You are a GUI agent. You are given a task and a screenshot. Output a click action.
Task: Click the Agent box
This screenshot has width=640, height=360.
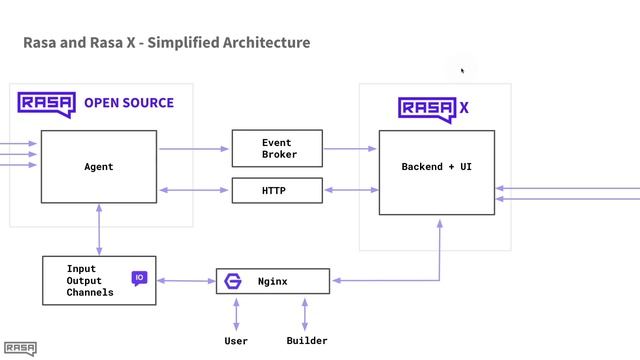(99, 167)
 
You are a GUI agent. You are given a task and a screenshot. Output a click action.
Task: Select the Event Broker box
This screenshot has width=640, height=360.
(277, 148)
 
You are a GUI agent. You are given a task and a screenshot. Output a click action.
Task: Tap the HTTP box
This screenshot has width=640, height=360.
(277, 190)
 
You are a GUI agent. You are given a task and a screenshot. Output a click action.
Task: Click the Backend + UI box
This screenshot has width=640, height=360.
(436, 172)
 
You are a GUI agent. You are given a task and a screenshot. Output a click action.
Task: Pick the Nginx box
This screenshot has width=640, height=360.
(273, 281)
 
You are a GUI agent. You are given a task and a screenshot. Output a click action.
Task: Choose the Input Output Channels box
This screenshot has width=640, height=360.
(98, 281)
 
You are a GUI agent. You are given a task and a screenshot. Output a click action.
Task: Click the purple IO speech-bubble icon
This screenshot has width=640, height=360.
(139, 278)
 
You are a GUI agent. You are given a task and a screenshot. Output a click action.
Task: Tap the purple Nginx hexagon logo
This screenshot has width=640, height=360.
(234, 281)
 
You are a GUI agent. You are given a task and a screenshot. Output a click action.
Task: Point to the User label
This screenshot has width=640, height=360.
(236, 341)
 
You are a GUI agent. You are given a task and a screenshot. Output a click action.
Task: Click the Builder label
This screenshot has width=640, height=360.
(306, 341)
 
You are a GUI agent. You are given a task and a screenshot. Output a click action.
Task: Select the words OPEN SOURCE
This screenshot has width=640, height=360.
(128, 103)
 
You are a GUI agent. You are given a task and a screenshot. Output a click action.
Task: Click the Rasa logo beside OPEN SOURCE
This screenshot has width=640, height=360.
(46, 103)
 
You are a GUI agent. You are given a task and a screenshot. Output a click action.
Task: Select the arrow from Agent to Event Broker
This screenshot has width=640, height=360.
(194, 149)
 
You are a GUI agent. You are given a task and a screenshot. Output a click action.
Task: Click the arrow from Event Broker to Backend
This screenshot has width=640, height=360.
(350, 149)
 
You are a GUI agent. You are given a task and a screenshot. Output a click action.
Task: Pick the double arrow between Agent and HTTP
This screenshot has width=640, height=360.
(194, 190)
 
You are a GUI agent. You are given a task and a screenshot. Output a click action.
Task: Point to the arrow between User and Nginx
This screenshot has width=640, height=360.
(236, 313)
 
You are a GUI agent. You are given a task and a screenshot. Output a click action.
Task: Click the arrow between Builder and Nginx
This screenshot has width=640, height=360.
(305, 313)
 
